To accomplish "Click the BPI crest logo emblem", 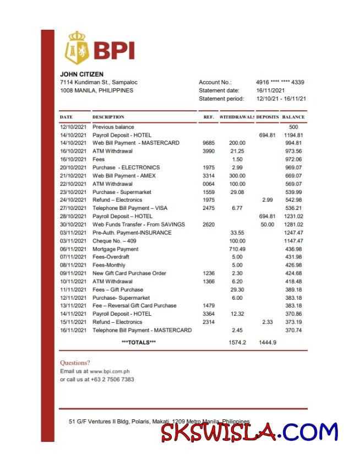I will [77, 48].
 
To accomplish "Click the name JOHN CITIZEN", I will [81, 74].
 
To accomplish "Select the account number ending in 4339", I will [280, 82].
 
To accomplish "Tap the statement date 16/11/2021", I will [270, 90].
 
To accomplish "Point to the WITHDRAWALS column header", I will [236, 117].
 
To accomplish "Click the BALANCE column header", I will [293, 117].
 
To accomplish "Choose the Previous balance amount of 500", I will [293, 127].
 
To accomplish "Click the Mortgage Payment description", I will [115, 249].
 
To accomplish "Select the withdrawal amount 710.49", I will [237, 249].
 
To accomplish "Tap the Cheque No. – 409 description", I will [114, 241].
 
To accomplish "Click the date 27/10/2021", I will [73, 208].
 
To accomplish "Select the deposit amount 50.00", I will [267, 225].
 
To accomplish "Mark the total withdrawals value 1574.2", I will [237, 342].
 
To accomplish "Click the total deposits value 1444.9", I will [268, 342].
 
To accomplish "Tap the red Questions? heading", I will [74, 363].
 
